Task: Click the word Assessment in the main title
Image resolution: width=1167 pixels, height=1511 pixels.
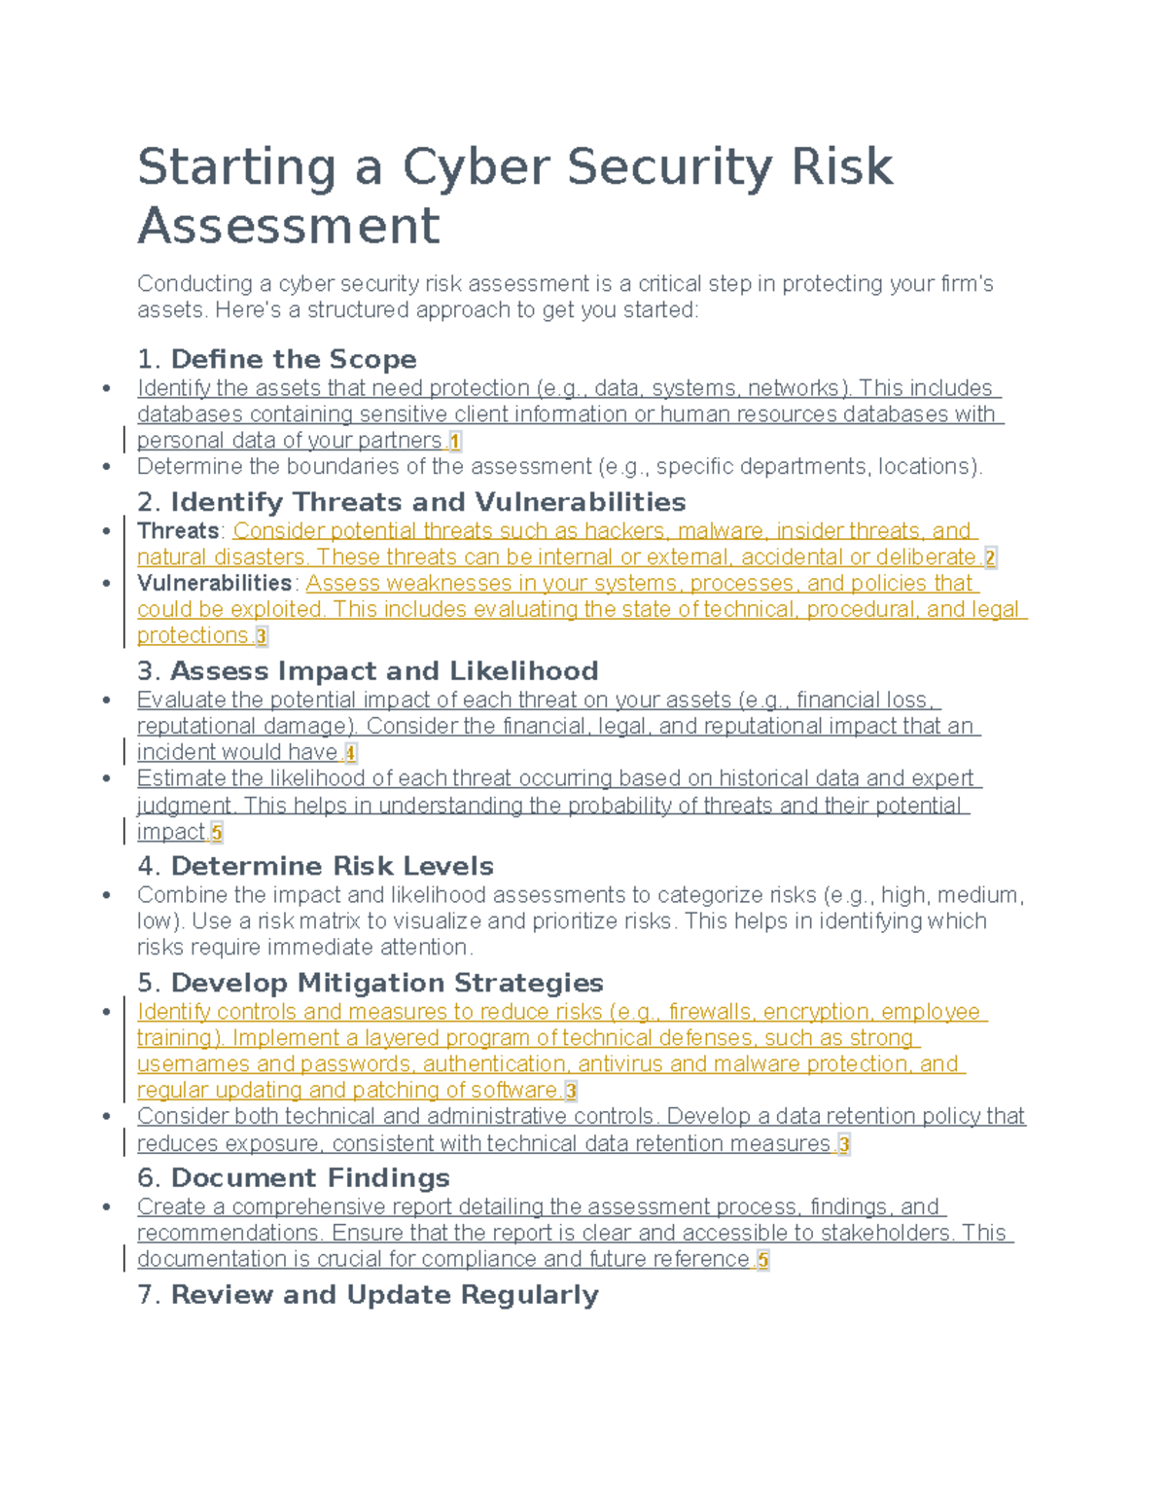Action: [288, 226]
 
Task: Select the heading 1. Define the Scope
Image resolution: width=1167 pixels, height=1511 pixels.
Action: [277, 359]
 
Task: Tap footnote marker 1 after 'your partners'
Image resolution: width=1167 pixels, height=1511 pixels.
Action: [454, 442]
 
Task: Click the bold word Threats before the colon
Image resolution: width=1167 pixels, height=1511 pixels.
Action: [178, 531]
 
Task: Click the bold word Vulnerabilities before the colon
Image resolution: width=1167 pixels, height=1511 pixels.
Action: [214, 584]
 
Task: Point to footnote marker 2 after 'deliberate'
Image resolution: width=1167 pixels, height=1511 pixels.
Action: [990, 558]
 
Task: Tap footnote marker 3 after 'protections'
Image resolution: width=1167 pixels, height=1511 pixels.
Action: [261, 636]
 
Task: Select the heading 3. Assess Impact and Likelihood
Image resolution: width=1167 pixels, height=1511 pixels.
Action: [368, 671]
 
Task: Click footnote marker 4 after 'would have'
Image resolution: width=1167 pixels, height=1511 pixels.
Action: [350, 753]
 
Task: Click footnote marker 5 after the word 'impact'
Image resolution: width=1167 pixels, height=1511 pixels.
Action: [216, 833]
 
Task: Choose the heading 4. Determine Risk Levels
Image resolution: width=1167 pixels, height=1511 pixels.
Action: [315, 866]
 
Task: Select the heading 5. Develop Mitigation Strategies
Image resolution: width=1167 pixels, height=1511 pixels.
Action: [371, 983]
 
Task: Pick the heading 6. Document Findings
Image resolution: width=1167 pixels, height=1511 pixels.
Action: [294, 1178]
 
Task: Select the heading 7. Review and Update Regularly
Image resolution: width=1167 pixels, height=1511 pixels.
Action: [368, 1295]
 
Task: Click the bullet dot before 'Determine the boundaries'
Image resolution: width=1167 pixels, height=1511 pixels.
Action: [106, 467]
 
